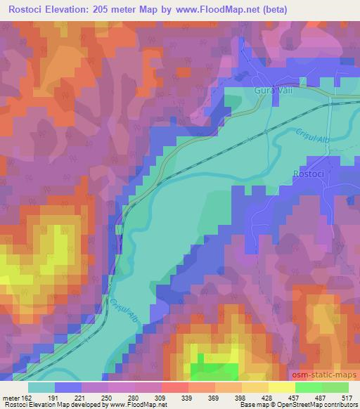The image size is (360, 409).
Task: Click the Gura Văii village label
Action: tap(271, 91)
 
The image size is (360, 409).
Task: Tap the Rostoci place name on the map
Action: tap(309, 174)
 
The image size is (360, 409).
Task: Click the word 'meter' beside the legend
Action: tap(8, 398)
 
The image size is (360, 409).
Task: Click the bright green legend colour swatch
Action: tap(308, 387)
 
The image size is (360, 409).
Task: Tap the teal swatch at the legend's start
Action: tap(41, 387)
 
